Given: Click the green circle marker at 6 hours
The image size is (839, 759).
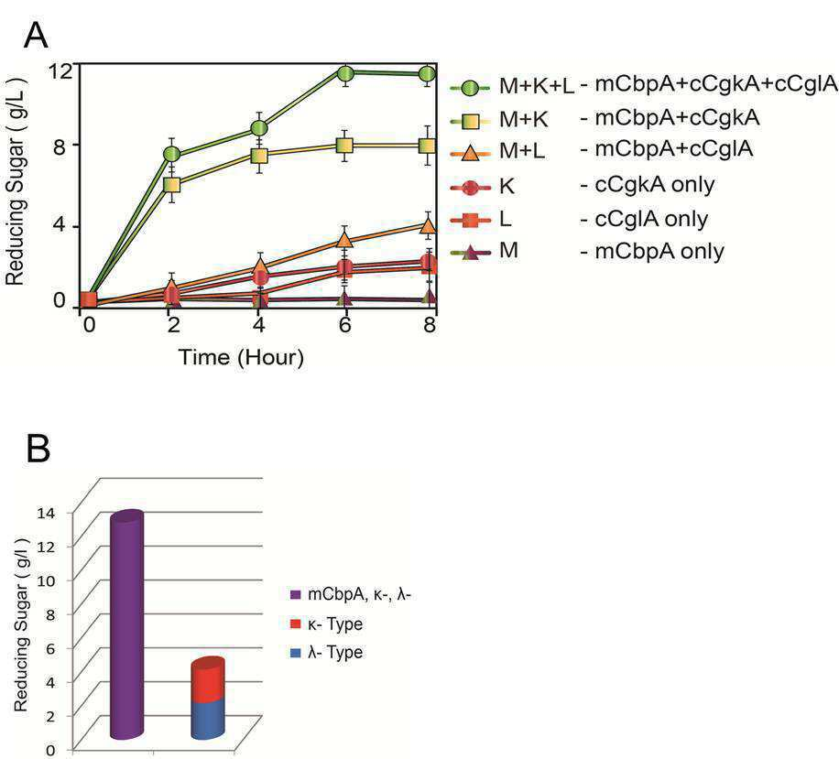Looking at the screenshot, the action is click(345, 72).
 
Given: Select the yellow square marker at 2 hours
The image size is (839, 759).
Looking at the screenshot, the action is click(172, 185).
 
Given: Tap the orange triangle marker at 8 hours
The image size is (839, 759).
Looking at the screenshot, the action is click(428, 224).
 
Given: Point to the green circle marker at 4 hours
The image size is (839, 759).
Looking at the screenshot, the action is click(259, 128).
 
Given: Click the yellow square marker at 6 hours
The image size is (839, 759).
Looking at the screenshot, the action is click(345, 145).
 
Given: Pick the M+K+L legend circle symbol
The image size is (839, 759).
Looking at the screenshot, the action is click(470, 87).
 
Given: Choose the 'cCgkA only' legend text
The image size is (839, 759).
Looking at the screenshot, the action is click(654, 185).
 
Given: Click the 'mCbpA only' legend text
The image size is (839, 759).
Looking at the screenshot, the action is click(659, 251).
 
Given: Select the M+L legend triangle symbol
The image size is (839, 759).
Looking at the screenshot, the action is click(470, 153).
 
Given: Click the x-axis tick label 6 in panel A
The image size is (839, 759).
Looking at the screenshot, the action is click(344, 324).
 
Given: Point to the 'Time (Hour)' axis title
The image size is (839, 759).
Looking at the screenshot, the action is click(241, 357).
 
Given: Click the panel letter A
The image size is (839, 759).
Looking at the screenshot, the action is click(36, 36).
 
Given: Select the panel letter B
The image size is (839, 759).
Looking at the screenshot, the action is click(38, 449).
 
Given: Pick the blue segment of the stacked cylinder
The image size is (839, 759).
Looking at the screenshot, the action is click(208, 720).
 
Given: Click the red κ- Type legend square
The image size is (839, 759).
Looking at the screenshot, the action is click(295, 623).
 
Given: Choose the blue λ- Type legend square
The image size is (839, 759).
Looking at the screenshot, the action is click(295, 653).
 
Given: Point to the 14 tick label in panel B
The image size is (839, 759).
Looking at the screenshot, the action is click(46, 513).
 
